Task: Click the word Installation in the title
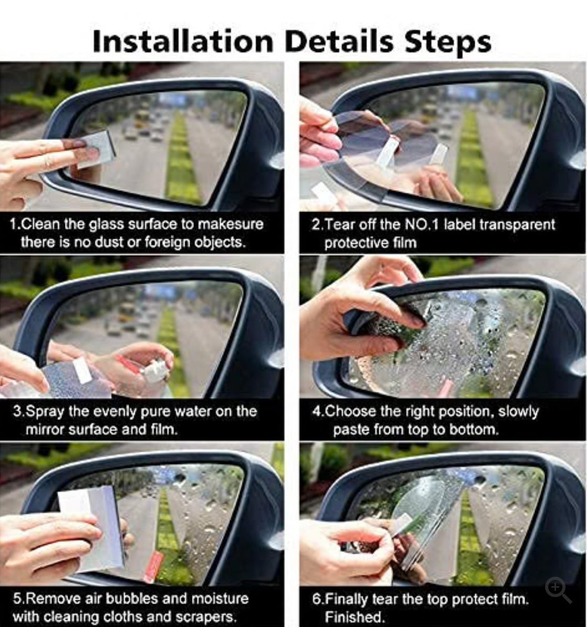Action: pyautogui.click(x=182, y=42)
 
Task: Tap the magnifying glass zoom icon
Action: pyautogui.click(x=558, y=590)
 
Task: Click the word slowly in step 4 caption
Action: pyautogui.click(x=518, y=412)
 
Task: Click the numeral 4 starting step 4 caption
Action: pyautogui.click(x=316, y=412)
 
